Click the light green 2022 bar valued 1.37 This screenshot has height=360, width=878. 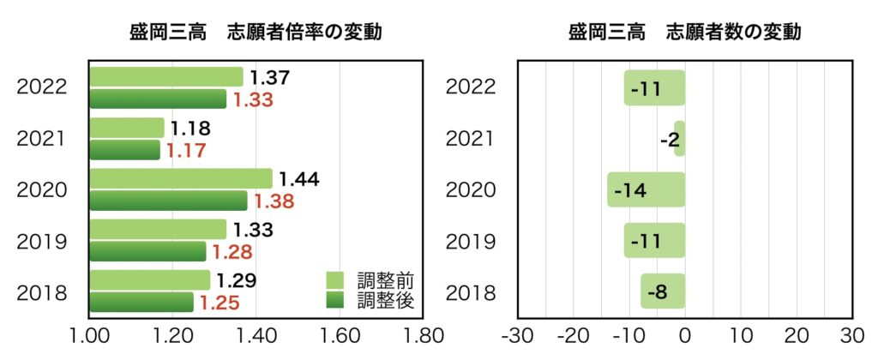(x=165, y=77)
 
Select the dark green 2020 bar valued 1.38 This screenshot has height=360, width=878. (x=168, y=201)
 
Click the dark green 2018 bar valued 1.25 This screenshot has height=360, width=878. (x=141, y=303)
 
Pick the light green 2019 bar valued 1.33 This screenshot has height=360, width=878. (x=158, y=229)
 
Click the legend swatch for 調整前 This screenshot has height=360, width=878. (x=334, y=280)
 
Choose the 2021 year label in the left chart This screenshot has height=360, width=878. (x=42, y=138)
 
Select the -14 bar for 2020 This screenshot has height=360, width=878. (x=646, y=190)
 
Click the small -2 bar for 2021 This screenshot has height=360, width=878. (x=680, y=139)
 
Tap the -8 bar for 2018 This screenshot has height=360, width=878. (x=663, y=292)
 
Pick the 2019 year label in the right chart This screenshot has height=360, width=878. (x=471, y=241)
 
